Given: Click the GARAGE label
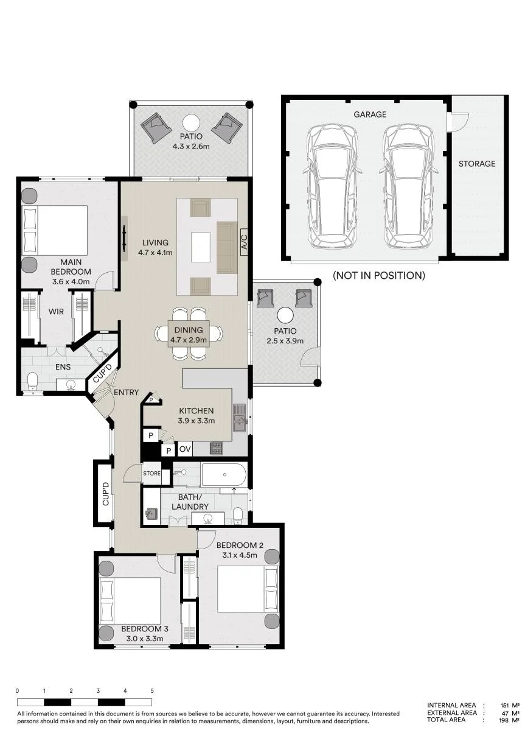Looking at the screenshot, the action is pyautogui.click(x=370, y=114).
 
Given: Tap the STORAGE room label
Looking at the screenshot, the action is pyautogui.click(x=477, y=163).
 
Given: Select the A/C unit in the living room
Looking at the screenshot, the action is pyautogui.click(x=243, y=242).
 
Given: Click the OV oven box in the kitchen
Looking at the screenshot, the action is pyautogui.click(x=185, y=449).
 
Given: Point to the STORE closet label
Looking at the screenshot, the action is pyautogui.click(x=151, y=473).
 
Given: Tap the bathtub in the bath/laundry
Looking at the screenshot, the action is pyautogui.click(x=224, y=475).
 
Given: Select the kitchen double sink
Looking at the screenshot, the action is pyautogui.click(x=240, y=417).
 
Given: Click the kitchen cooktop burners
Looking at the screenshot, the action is pyautogui.click(x=216, y=449).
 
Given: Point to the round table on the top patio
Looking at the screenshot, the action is pyautogui.click(x=192, y=123).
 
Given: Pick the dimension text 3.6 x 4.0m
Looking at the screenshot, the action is pyautogui.click(x=71, y=282).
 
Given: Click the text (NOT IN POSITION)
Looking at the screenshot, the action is pyautogui.click(x=379, y=275).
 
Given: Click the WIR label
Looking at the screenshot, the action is pyautogui.click(x=56, y=311).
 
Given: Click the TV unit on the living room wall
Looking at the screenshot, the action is pyautogui.click(x=125, y=239).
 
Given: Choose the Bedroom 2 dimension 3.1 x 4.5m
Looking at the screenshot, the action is pyautogui.click(x=240, y=555).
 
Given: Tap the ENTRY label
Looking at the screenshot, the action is pyautogui.click(x=126, y=392).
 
